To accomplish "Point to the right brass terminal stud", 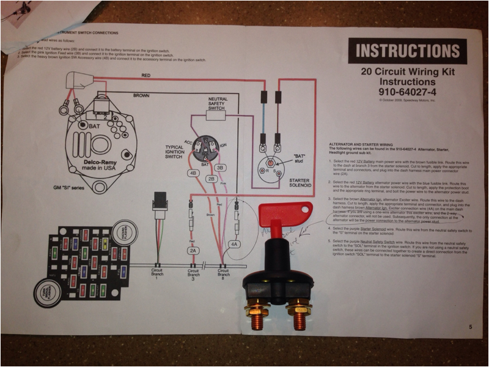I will click(x=300, y=315).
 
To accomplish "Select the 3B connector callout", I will click(x=221, y=167).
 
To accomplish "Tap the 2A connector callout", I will click(x=194, y=251).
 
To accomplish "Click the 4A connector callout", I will click(x=233, y=243).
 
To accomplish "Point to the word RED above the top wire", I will click(x=146, y=75).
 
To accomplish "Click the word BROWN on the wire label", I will click(x=141, y=95).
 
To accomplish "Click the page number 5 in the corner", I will click(x=471, y=327).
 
